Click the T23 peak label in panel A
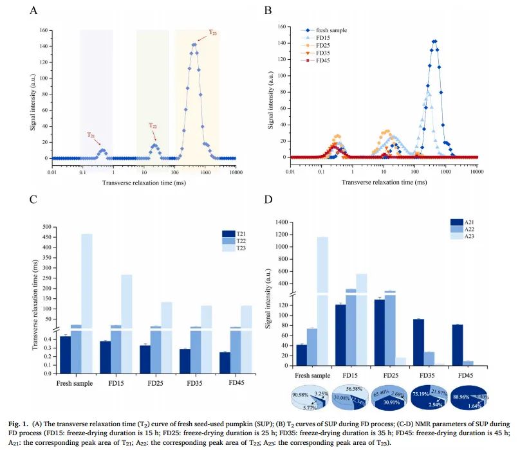(212, 32)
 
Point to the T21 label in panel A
(91, 135)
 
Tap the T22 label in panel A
(153, 125)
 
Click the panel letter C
(33, 200)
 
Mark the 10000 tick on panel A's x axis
(236, 170)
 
